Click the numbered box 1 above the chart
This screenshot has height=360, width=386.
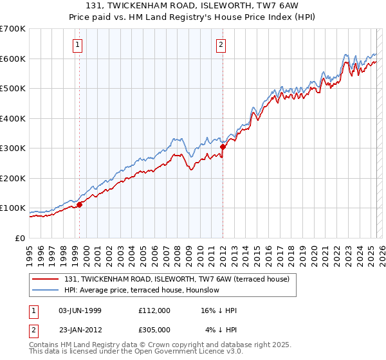coord(77,44)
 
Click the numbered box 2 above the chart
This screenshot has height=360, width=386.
coord(221,44)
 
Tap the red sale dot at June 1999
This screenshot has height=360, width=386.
coord(80,204)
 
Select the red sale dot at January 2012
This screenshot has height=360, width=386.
coord(223,147)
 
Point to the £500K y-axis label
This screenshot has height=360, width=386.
coord(13,88)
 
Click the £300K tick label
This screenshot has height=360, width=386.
coord(13,148)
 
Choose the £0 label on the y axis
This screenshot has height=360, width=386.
coord(20,238)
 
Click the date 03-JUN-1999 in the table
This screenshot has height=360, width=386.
coord(80,310)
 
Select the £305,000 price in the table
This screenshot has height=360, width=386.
coord(154,330)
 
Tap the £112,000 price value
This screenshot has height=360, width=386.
coord(154,310)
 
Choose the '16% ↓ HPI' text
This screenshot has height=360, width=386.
coord(219,310)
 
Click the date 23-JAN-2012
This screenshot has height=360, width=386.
coord(80,330)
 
